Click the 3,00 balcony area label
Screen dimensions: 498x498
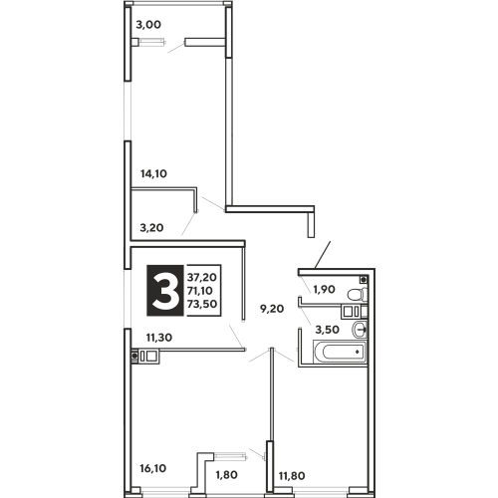(148, 25)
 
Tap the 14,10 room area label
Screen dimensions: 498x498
(153, 173)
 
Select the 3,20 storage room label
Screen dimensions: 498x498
(151, 228)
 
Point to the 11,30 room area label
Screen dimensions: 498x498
(159, 338)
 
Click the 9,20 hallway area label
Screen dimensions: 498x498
(272, 309)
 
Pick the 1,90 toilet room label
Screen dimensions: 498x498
(324, 289)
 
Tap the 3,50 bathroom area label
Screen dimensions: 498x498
(327, 330)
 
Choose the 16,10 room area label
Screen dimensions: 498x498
(153, 468)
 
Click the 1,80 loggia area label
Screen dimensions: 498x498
(227, 475)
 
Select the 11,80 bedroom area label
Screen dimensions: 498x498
(292, 476)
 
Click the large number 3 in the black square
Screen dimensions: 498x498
(165, 291)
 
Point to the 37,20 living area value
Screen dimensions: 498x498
(202, 277)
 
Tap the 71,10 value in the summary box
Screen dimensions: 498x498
(200, 291)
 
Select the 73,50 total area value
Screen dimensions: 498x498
(202, 304)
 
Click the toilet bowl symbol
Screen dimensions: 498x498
(358, 294)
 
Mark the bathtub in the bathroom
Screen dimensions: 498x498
(341, 352)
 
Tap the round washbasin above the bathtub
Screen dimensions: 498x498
(360, 330)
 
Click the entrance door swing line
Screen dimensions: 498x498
(323, 255)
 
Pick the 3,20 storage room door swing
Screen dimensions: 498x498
(188, 224)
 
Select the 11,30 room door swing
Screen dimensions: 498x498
(237, 337)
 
